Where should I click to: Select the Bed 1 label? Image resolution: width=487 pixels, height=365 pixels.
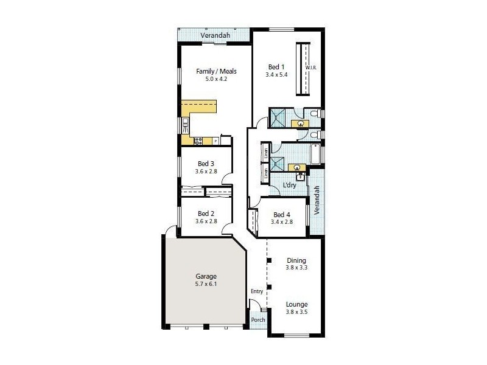tap(276, 67)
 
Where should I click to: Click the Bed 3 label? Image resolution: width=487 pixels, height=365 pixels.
tap(206, 163)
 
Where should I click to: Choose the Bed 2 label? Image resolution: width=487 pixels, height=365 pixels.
tap(206, 214)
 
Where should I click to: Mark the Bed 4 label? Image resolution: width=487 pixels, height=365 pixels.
tap(281, 214)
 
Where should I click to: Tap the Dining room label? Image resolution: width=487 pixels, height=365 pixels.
tap(296, 260)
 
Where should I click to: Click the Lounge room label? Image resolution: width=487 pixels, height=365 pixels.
tap(296, 304)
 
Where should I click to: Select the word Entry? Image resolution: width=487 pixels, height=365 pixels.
tap(257, 291)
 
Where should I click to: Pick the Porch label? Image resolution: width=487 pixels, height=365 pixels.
tap(258, 320)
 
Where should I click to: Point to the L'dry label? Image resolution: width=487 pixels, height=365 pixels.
tap(289, 185)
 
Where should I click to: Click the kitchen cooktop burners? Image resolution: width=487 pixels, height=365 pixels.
tap(198, 141)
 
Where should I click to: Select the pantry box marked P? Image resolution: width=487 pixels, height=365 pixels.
tap(215, 141)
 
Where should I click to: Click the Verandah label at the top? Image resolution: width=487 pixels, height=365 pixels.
tap(214, 36)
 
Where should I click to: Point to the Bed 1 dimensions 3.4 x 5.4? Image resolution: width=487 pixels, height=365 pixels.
tap(276, 74)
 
